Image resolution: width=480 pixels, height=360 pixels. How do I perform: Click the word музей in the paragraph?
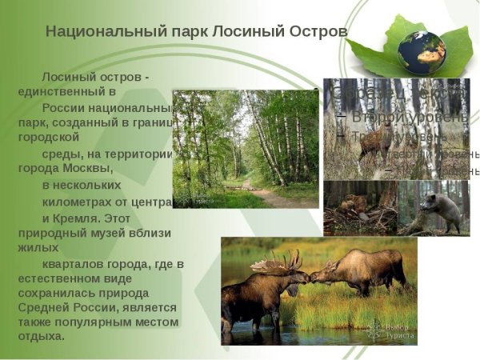pyautogui.click(x=120, y=232)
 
